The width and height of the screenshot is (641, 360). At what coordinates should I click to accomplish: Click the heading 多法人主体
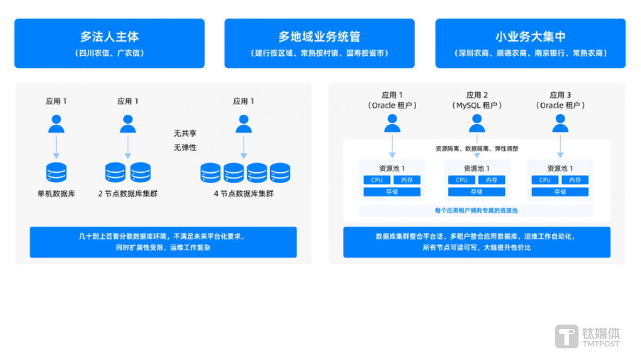click(109, 36)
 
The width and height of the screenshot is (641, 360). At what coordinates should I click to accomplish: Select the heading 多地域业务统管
click(319, 36)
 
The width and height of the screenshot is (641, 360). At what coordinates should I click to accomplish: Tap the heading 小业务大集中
click(531, 36)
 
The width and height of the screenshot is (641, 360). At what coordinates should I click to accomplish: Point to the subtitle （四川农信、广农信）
click(109, 53)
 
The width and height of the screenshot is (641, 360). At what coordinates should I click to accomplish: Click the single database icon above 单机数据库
click(56, 173)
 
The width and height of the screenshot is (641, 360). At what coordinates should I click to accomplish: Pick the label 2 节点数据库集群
click(128, 194)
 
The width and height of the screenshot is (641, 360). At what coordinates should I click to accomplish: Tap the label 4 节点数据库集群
click(243, 194)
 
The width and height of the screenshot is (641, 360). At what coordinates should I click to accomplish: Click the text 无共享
click(185, 133)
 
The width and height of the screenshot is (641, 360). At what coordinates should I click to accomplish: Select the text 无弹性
click(185, 148)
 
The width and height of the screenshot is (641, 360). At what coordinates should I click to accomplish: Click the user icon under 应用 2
click(477, 123)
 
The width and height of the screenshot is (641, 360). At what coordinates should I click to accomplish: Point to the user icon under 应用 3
click(560, 123)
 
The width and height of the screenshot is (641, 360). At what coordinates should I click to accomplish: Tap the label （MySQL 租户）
click(477, 105)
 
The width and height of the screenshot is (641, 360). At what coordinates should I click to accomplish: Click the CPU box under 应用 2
click(462, 180)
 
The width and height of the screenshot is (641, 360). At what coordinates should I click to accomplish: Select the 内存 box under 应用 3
click(575, 180)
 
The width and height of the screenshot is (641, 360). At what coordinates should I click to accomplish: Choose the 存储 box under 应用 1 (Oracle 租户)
click(392, 192)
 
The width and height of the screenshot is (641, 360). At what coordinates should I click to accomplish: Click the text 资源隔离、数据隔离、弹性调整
click(477, 149)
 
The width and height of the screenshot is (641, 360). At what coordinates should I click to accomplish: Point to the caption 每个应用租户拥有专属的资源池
click(476, 210)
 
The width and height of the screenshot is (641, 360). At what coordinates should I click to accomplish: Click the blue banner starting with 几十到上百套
click(163, 242)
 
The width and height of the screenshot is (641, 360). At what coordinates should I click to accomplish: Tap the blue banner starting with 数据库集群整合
click(477, 242)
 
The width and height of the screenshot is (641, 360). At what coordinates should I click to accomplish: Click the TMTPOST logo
click(587, 336)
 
